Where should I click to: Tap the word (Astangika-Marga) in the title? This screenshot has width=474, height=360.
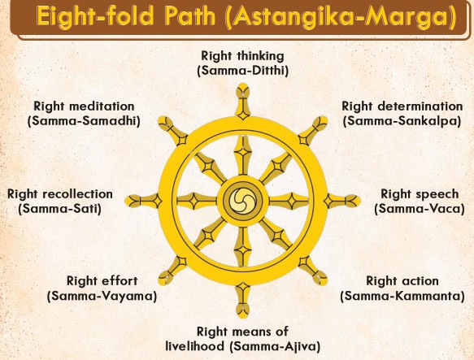pyautogui.click(x=341, y=17)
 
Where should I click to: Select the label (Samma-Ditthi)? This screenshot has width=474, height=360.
pyautogui.click(x=243, y=71)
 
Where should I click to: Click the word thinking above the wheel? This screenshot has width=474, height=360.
pyautogui.click(x=261, y=57)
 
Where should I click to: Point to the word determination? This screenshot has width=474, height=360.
pyautogui.click(x=420, y=106)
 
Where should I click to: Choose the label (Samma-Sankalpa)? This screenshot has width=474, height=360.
pyautogui.click(x=402, y=121)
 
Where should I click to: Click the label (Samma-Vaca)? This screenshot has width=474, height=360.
pyautogui.click(x=420, y=209)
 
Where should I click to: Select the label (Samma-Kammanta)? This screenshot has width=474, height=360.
pyautogui.click(x=402, y=296)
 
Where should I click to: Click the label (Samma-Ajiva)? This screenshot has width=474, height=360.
pyautogui.click(x=275, y=346)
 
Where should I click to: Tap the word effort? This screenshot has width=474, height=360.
pyautogui.click(x=120, y=281)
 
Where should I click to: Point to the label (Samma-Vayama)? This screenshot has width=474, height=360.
pyautogui.click(x=102, y=296)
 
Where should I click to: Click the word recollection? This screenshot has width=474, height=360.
pyautogui.click(x=78, y=194)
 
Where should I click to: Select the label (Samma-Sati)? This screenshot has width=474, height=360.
pyautogui.click(x=59, y=209)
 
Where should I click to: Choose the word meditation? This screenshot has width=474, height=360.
pyautogui.click(x=102, y=106)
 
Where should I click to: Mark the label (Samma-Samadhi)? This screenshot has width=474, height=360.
pyautogui.click(x=84, y=121)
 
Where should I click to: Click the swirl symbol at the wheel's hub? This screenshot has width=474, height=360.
pyautogui.click(x=243, y=200)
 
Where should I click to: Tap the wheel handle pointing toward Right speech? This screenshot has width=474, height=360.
pyautogui.click(x=342, y=201)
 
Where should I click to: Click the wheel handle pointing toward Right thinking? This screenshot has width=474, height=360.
pyautogui.click(x=243, y=101)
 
